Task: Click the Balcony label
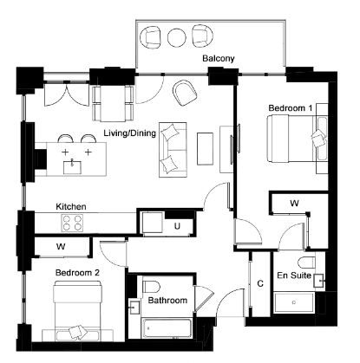click(219, 59)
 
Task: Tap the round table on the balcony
click(177, 37)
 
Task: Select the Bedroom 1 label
click(291, 108)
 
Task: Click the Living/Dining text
click(130, 133)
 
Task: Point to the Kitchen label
click(71, 207)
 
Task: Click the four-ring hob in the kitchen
click(72, 223)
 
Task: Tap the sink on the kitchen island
click(72, 167)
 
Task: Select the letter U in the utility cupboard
click(177, 226)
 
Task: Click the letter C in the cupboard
click(260, 283)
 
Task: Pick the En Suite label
click(294, 275)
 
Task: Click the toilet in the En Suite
click(306, 263)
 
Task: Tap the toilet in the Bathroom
click(152, 286)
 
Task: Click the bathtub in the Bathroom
click(167, 327)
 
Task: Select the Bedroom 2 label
click(77, 273)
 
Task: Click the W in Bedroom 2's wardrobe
click(61, 247)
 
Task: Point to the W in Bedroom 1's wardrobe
click(294, 204)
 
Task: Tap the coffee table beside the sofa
click(205, 148)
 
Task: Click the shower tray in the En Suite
click(294, 302)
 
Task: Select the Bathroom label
click(167, 301)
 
